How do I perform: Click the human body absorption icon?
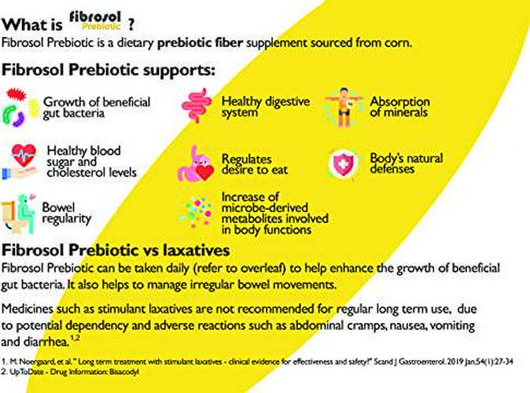[344, 107]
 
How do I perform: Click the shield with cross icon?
[344, 162]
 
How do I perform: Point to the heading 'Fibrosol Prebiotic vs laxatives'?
[116, 251]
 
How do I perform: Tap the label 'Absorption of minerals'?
[399, 107]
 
